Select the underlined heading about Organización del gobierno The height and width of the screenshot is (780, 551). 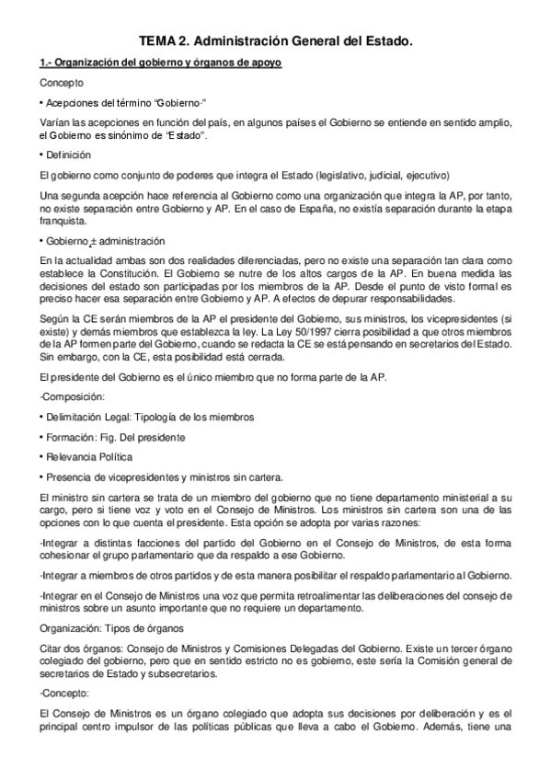point(160,63)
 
